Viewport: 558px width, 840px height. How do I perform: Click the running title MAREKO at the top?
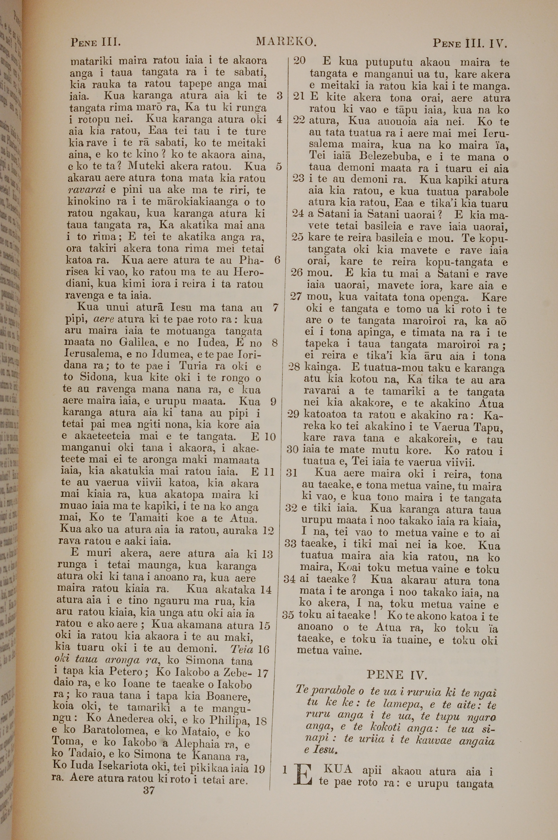pos(285,42)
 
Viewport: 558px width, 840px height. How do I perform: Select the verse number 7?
pos(275,308)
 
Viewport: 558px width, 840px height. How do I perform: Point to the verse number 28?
pos(293,367)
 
